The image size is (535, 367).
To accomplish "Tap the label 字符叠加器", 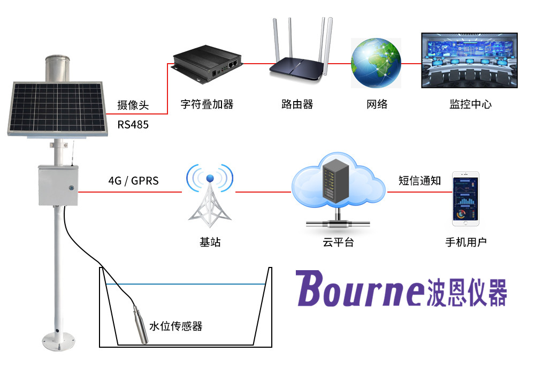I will pos(205,104).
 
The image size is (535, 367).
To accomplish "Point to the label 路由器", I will pos(297,104).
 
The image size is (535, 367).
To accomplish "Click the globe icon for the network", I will pos(376,63).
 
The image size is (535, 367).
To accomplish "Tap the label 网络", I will pos(377,104).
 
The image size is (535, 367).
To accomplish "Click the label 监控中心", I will pos(470,104).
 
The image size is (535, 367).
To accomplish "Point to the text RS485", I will pos(133,125).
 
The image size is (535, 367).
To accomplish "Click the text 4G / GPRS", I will pos(133,181).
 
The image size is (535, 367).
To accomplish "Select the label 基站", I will pos(210,242).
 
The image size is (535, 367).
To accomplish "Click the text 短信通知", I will pos(419,181).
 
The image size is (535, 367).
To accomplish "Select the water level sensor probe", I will pos(141,324).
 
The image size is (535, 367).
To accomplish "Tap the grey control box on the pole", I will pos(58,185).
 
